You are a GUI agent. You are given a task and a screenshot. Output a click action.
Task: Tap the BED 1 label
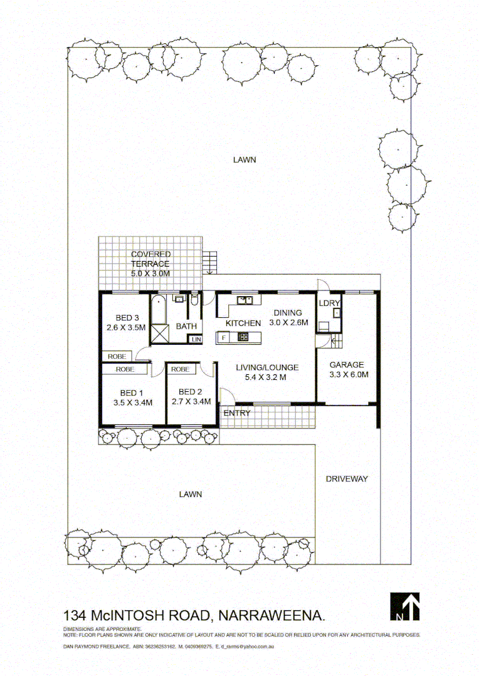(x=133, y=392)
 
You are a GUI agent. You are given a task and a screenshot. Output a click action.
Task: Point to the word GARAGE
(x=347, y=365)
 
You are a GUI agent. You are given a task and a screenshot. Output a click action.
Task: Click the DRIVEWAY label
(x=347, y=479)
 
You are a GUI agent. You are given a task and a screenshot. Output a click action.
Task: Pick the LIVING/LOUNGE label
(x=266, y=367)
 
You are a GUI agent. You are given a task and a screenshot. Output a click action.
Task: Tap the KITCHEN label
(x=243, y=323)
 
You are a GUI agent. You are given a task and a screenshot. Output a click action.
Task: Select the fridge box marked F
(x=223, y=338)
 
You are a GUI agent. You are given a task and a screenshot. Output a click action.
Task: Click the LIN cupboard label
(x=196, y=339)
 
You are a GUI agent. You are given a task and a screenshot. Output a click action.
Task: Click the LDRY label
(x=329, y=303)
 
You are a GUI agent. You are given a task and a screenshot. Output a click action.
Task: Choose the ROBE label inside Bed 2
(x=181, y=369)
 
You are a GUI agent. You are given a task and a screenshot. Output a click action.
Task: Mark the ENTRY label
(x=237, y=413)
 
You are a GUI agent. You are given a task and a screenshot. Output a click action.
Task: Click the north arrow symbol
(x=405, y=606)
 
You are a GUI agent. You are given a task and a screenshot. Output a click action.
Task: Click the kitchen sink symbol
(x=245, y=299)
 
